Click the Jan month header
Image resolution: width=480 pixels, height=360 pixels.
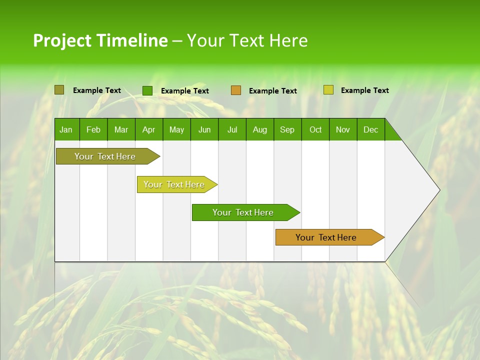[66, 129]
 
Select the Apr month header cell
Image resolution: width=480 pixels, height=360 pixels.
[149, 129]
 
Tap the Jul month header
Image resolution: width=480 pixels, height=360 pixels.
[232, 129]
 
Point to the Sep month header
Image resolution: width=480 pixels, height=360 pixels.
[287, 129]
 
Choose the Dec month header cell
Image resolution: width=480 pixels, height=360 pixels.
[370, 129]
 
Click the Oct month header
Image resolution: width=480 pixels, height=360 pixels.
[315, 129]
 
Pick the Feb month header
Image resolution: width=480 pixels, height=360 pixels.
[93, 129]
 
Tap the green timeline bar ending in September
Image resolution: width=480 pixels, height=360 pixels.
[243, 212]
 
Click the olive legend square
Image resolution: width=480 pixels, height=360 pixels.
[59, 90]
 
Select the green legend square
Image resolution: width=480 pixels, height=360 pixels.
[147, 90]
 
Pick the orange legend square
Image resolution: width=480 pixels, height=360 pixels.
[236, 90]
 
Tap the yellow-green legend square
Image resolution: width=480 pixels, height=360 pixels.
[328, 90]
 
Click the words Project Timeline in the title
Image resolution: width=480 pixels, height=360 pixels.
[100, 40]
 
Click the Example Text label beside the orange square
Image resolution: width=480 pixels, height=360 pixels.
[272, 91]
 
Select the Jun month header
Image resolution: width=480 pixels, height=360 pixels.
[204, 129]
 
